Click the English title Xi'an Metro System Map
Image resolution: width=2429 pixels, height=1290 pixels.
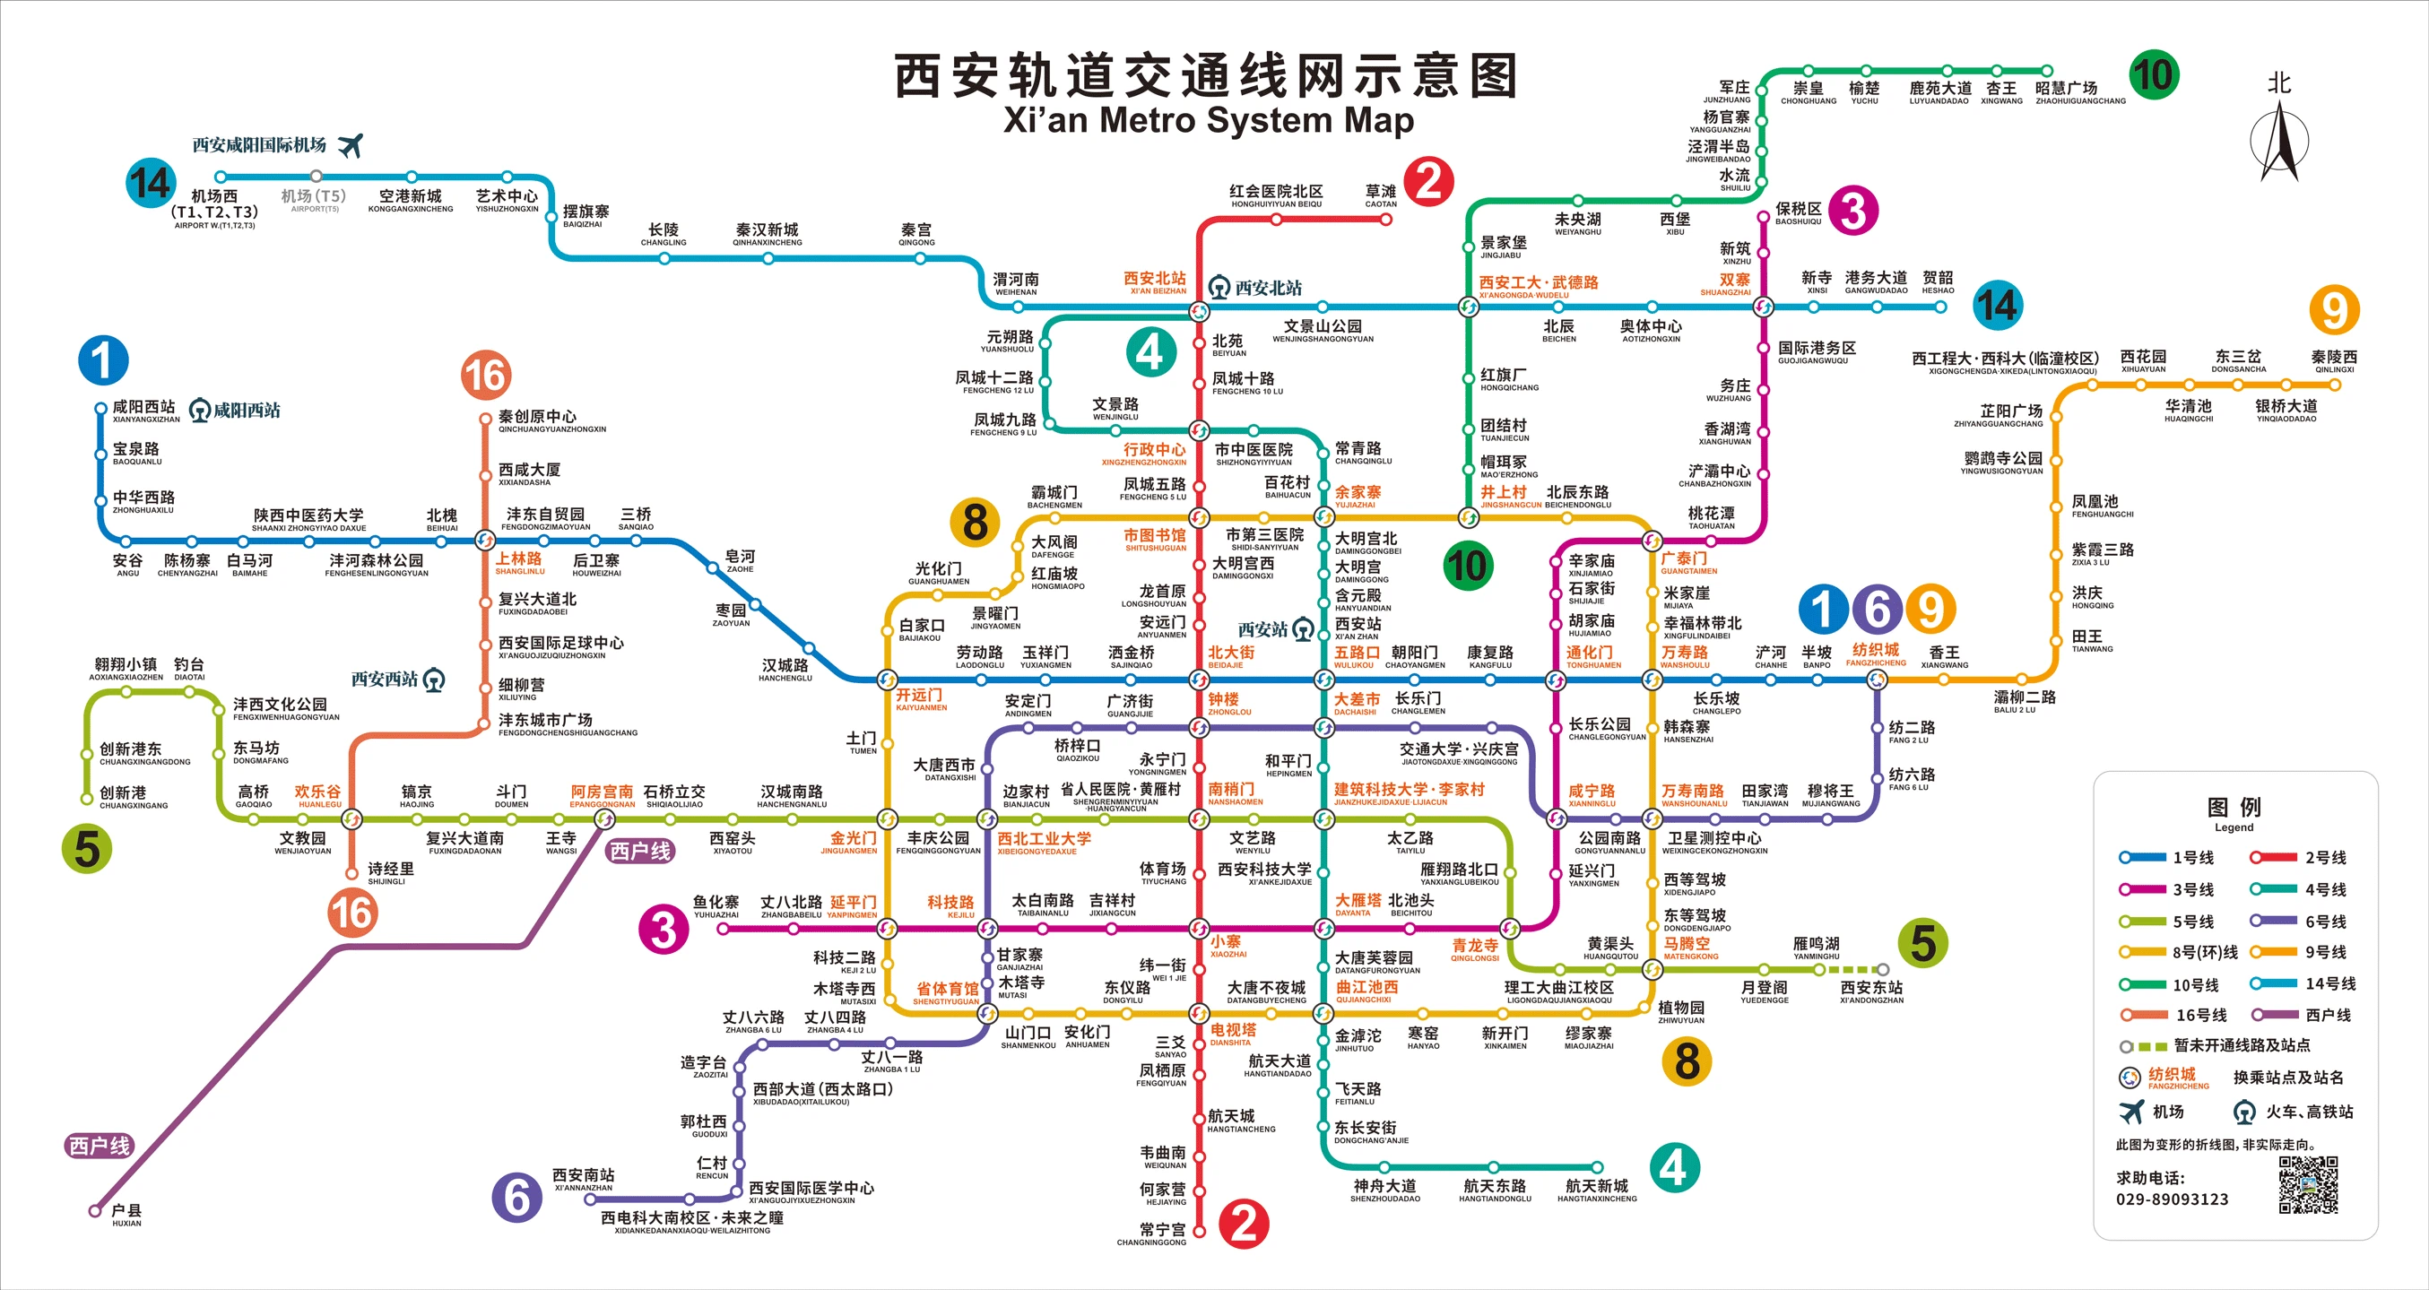(1208, 121)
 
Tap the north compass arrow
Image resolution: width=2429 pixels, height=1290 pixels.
(2279, 142)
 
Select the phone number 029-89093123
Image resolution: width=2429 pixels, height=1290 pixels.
(2172, 1199)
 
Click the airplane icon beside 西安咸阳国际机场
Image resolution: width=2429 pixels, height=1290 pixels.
(350, 145)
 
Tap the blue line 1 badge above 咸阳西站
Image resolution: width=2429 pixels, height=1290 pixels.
(103, 360)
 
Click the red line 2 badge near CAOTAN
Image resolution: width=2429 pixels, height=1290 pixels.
(1428, 181)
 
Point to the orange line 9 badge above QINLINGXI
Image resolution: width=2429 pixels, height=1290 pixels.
(2334, 309)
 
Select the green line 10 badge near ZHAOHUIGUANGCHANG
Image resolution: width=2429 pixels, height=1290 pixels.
(2154, 74)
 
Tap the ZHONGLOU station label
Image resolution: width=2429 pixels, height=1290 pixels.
(1224, 704)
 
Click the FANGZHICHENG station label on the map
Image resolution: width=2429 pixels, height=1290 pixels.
(1876, 654)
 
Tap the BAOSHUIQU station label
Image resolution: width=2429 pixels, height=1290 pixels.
(1798, 213)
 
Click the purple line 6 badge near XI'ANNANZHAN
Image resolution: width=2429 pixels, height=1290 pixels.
(516, 1197)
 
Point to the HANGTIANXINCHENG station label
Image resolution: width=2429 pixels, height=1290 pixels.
(1596, 1190)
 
